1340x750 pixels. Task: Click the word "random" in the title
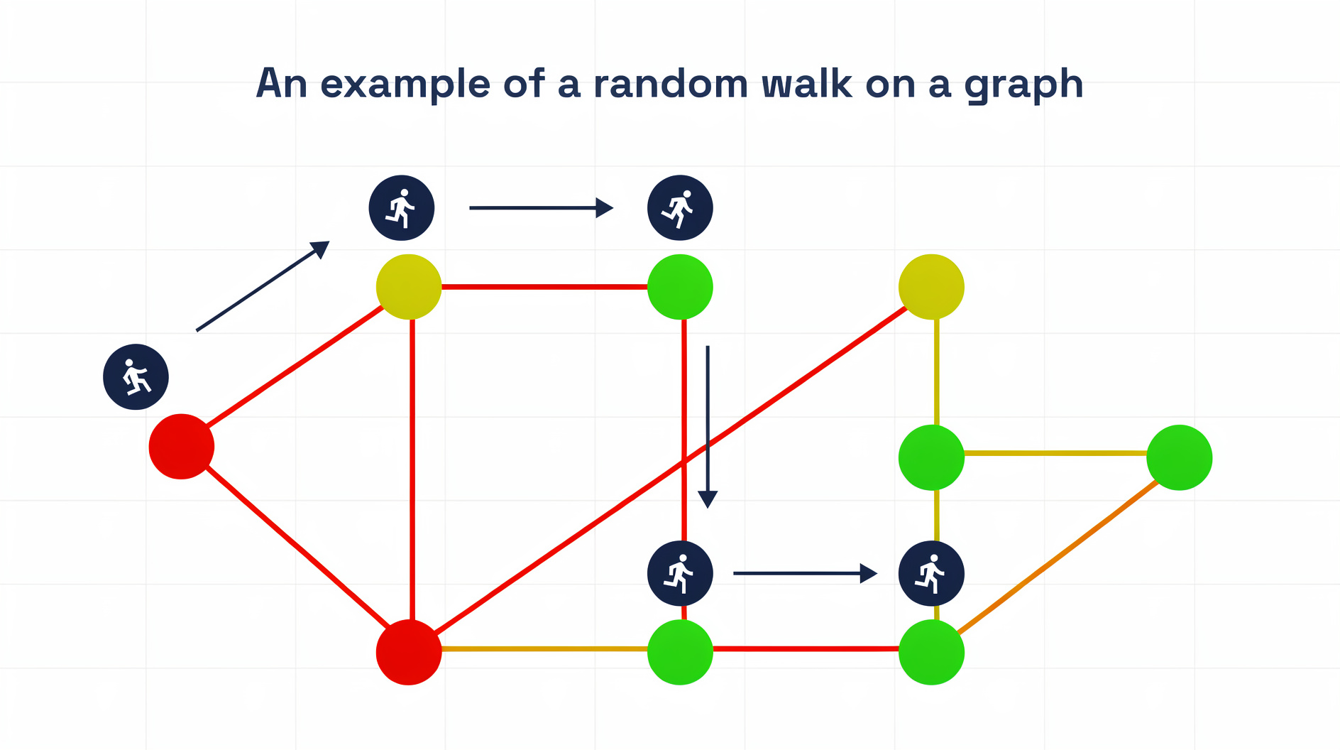click(671, 84)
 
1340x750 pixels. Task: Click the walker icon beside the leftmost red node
click(136, 377)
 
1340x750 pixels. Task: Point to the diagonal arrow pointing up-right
click(263, 286)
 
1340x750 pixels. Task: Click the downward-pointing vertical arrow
click(708, 426)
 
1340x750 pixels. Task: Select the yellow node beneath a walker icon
click(409, 287)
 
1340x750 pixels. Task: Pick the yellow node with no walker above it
click(931, 287)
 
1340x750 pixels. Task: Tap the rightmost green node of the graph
click(1179, 457)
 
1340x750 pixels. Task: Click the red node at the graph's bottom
click(409, 652)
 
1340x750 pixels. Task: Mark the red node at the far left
click(182, 447)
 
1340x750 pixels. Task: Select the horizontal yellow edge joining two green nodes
click(1055, 452)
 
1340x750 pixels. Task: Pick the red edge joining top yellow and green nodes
click(544, 287)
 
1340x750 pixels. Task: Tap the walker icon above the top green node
click(680, 208)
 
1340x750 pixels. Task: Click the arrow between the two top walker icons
click(541, 208)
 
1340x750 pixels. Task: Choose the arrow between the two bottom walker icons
click(805, 573)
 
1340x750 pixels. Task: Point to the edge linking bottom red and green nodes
click(544, 648)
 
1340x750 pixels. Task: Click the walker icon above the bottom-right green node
click(931, 573)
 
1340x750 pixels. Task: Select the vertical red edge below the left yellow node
click(412, 469)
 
